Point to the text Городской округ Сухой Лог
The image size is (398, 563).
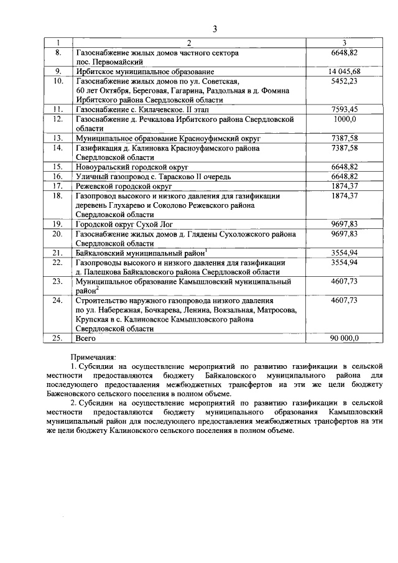pos(124,223)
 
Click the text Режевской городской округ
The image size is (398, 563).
pos(123,185)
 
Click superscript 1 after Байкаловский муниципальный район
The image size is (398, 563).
pos(206,251)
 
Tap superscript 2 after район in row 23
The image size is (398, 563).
pos(98,289)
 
